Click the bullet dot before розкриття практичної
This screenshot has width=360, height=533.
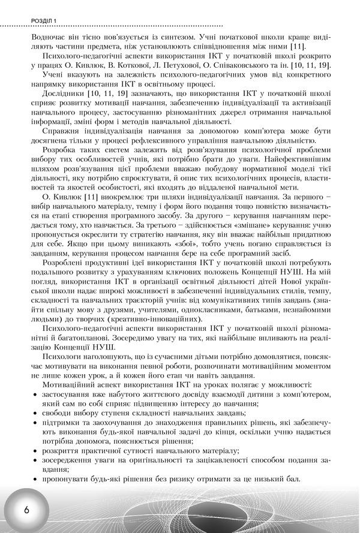click(37, 451)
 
